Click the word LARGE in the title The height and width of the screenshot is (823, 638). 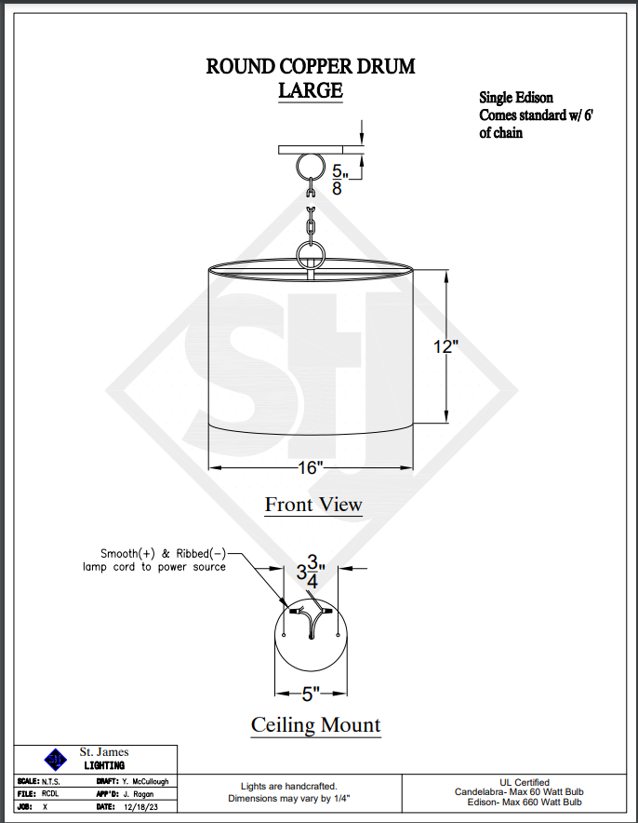tap(311, 90)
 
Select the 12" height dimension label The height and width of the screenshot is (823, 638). tap(446, 346)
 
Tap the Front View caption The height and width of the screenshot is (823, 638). tap(313, 505)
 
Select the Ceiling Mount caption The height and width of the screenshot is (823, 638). tap(315, 724)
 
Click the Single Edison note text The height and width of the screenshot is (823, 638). tap(516, 97)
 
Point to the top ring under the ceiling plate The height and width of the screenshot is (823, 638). tap(310, 169)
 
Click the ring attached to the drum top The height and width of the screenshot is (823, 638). tap(310, 254)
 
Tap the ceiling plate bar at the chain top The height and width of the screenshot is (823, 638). tap(311, 149)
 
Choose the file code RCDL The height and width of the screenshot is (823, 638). tap(51, 794)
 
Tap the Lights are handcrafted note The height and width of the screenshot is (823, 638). tap(288, 787)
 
